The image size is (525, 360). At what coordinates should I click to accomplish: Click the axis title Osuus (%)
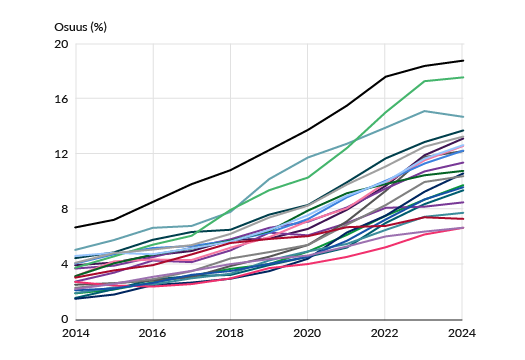[x=80, y=27]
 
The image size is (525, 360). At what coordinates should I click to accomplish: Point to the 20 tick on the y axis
[x=61, y=44]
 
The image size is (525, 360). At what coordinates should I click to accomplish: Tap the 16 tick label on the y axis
[x=61, y=99]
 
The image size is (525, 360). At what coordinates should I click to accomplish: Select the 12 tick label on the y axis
[x=61, y=154]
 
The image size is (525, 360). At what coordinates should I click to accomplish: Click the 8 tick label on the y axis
[x=65, y=209]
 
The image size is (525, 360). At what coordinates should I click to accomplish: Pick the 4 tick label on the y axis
[x=65, y=264]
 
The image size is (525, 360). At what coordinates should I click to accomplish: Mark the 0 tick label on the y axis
[x=65, y=319]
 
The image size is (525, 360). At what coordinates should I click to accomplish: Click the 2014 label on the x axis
[x=76, y=333]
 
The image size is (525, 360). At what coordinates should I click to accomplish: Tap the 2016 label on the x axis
[x=152, y=333]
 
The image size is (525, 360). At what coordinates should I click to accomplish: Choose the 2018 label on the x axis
[x=230, y=333]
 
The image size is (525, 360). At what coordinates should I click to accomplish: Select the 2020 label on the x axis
[x=307, y=333]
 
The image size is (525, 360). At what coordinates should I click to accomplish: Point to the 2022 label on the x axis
[x=384, y=333]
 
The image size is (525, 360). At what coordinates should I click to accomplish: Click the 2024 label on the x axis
[x=462, y=333]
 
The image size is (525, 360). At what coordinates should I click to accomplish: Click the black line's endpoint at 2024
[x=463, y=61]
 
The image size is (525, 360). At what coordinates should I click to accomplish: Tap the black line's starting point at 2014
[x=75, y=228]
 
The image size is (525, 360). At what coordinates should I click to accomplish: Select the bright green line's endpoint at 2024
[x=463, y=77]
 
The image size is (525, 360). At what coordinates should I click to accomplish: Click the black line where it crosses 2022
[x=385, y=77]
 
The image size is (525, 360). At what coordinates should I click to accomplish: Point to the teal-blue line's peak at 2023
[x=424, y=111]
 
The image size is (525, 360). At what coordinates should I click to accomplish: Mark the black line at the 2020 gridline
[x=307, y=130]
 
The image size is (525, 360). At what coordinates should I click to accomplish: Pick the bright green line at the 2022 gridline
[x=385, y=113]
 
